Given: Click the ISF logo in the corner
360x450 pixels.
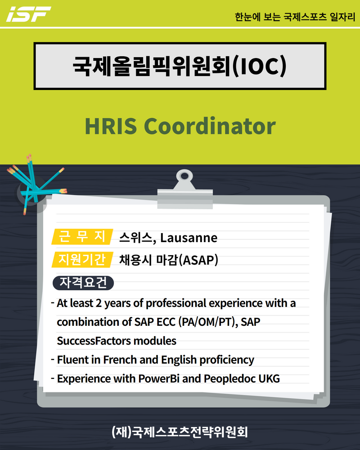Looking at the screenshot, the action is coord(28,14).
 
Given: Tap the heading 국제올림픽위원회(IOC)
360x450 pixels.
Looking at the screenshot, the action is coord(180,66).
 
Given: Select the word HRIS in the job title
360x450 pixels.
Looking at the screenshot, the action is coord(111,126).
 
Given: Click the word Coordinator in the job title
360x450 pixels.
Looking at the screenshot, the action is coord(210,126).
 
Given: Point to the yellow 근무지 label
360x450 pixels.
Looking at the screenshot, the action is coord(82,237).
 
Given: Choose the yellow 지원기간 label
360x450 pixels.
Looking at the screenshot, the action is coord(82,260).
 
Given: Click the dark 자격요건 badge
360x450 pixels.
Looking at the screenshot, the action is coord(83,283).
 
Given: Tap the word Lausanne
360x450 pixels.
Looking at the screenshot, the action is coord(189,238).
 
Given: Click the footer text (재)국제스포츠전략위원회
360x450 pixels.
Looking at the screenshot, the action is coord(180,432).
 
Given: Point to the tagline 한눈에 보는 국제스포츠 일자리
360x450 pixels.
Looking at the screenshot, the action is coord(295,17).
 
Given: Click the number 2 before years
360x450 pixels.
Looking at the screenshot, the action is coord(99,303).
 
